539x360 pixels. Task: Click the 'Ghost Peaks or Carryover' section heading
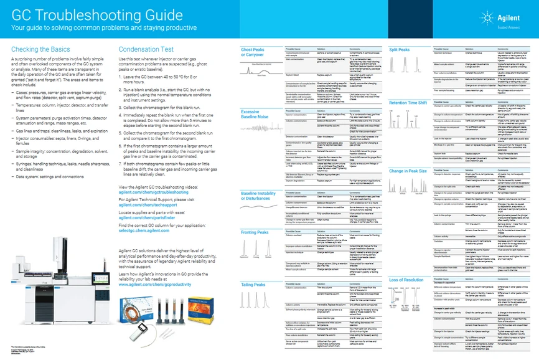pyautogui.click(x=255, y=52)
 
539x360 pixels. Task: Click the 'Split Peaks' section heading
pyautogui.click(x=400, y=49)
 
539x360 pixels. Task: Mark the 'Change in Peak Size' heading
pyautogui.click(x=407, y=170)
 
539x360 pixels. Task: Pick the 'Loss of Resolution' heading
pyautogui.click(x=406, y=281)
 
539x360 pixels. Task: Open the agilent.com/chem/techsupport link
pyautogui.click(x=149, y=204)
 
